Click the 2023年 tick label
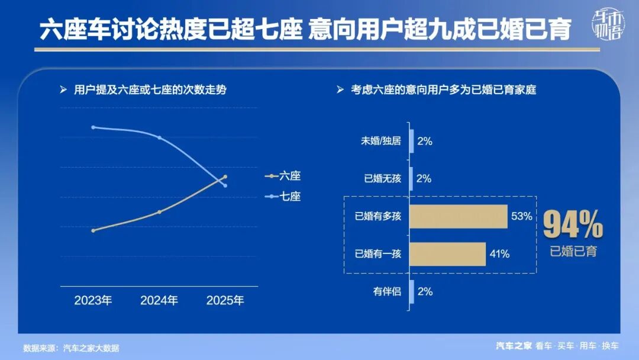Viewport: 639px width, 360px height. click(x=93, y=300)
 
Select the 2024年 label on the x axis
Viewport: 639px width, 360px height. click(x=159, y=300)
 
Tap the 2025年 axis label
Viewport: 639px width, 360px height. click(x=225, y=300)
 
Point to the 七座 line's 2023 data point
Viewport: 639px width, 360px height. click(x=93, y=127)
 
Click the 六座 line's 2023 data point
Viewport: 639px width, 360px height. click(x=93, y=230)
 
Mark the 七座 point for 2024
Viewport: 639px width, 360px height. click(x=159, y=137)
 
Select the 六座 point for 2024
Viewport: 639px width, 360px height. click(x=159, y=211)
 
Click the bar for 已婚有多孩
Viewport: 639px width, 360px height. click(x=459, y=216)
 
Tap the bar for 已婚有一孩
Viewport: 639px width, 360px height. click(x=448, y=254)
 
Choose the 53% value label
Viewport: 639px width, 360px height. click(x=522, y=216)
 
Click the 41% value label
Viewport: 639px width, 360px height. click(x=499, y=254)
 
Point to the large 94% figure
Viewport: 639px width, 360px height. click(x=573, y=225)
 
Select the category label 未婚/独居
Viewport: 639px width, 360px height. click(x=381, y=142)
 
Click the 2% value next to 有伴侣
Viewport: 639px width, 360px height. click(x=424, y=291)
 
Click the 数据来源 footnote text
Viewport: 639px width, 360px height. click(x=71, y=348)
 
